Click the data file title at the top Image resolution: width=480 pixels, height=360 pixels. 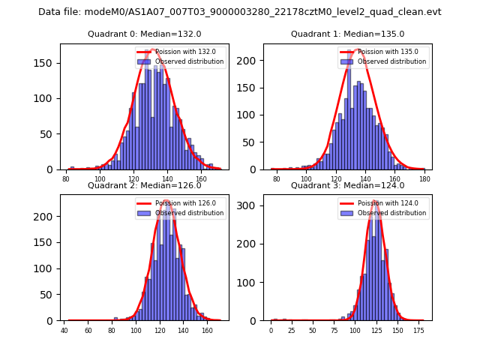[240, 12]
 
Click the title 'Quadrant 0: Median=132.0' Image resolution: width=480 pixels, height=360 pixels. [145, 34]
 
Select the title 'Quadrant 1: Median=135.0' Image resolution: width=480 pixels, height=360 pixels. [347, 34]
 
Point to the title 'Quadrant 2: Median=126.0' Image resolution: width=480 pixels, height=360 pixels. [145, 185]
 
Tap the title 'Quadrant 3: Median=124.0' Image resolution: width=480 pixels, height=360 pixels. [347, 185]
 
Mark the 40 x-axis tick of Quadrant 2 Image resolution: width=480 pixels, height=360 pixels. [64, 329]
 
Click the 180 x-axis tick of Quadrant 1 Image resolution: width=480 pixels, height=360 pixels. [424, 178]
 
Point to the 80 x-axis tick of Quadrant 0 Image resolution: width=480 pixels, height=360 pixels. [66, 178]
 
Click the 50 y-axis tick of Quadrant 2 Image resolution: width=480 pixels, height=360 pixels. [49, 295]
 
